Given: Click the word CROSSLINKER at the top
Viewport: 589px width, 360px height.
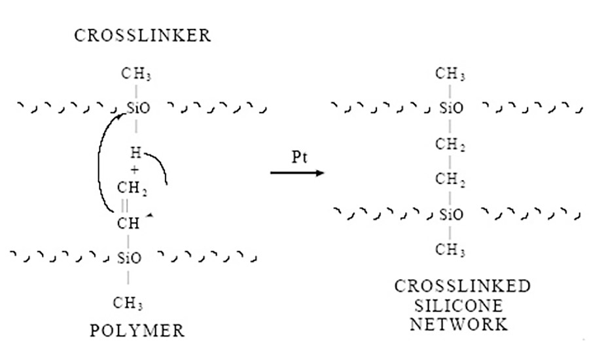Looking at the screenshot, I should click(x=143, y=35).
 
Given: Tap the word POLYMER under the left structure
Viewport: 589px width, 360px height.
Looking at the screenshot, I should click(x=137, y=331).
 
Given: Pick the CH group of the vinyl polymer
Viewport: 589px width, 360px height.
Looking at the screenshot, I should click(x=129, y=223).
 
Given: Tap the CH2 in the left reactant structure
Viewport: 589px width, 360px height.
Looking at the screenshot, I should click(x=130, y=190).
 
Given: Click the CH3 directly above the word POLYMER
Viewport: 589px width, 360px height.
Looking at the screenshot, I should click(x=128, y=304).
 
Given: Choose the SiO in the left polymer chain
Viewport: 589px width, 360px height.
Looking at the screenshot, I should click(x=128, y=257).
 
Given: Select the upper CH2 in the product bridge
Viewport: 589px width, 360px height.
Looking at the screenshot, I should click(x=451, y=145).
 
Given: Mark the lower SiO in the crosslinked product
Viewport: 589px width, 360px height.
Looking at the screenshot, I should click(x=451, y=214).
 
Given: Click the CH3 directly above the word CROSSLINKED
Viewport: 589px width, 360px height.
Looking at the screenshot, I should click(x=451, y=250).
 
